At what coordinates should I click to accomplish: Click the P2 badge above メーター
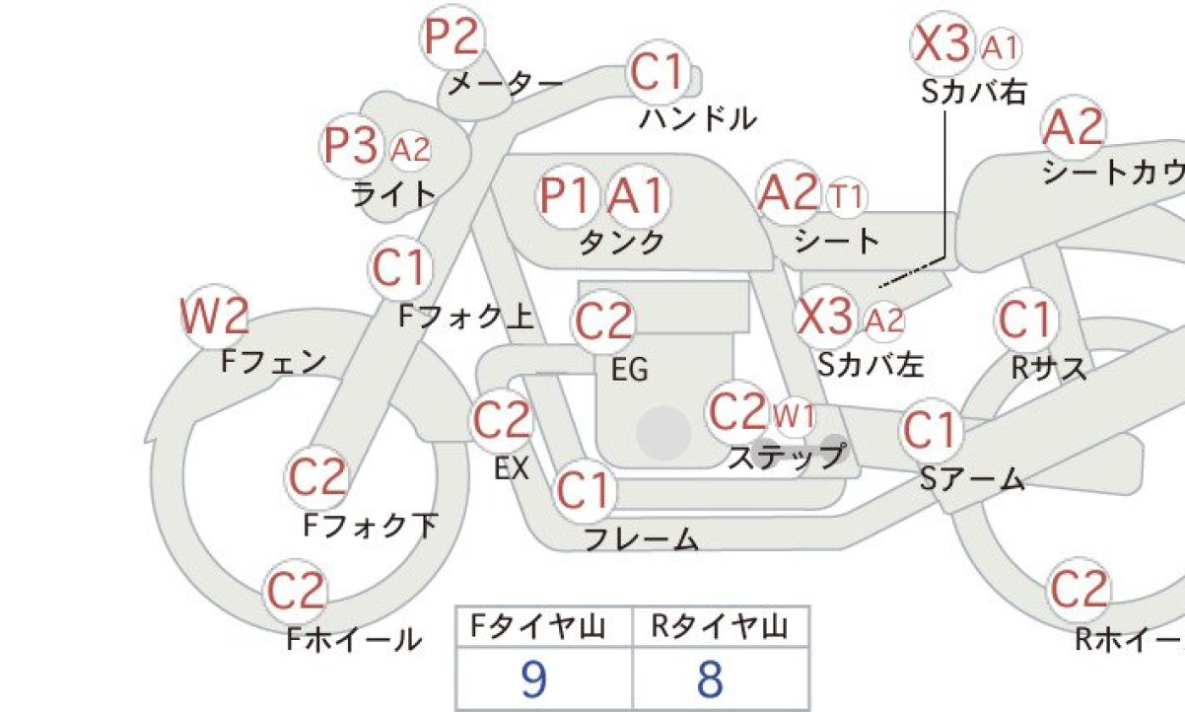click(x=453, y=36)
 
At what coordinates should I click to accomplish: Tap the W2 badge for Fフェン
click(x=215, y=317)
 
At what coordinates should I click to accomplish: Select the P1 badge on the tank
click(x=566, y=196)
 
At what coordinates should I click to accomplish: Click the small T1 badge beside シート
click(x=847, y=197)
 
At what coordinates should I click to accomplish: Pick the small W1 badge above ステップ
click(x=793, y=416)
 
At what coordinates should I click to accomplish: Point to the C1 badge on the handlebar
click(x=660, y=73)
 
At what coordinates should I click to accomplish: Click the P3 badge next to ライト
click(x=351, y=145)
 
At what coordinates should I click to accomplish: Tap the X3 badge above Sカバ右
click(x=942, y=43)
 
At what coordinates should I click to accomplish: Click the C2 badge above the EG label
click(x=603, y=321)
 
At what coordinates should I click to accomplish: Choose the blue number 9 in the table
click(x=533, y=679)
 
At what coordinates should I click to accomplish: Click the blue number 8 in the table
click(x=711, y=679)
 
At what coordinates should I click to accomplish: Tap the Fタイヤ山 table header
click(x=537, y=627)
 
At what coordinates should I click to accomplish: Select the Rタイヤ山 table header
click(x=720, y=627)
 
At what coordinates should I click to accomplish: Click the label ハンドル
click(x=698, y=118)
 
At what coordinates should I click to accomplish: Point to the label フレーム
click(x=641, y=538)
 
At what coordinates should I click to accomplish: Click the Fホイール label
click(x=354, y=639)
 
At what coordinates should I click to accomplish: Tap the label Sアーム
click(x=972, y=479)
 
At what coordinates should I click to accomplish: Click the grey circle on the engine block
click(x=663, y=433)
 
